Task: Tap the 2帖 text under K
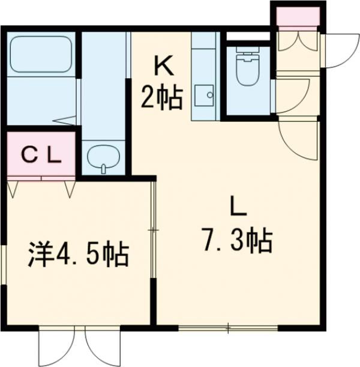point(161,98)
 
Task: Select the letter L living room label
point(238,207)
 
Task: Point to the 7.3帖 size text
point(237,241)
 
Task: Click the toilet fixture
point(247,71)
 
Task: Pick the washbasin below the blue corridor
point(103,158)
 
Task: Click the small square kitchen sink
point(208,94)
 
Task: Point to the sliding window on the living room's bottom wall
point(228,327)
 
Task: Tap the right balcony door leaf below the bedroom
point(100,345)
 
